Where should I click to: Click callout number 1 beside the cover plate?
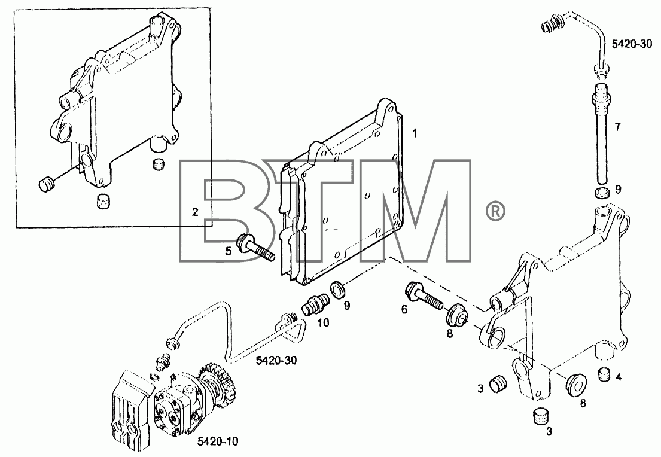(415, 133)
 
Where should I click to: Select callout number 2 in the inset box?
(195, 212)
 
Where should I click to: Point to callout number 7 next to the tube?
(617, 127)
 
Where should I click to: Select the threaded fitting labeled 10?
(316, 304)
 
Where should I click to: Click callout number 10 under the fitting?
(324, 323)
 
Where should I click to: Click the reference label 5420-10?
(218, 441)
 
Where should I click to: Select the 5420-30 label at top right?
(632, 44)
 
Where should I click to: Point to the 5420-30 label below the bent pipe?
(276, 360)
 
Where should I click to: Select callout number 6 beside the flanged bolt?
(404, 310)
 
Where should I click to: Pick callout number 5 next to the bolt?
(228, 252)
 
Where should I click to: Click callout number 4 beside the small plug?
(619, 377)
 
